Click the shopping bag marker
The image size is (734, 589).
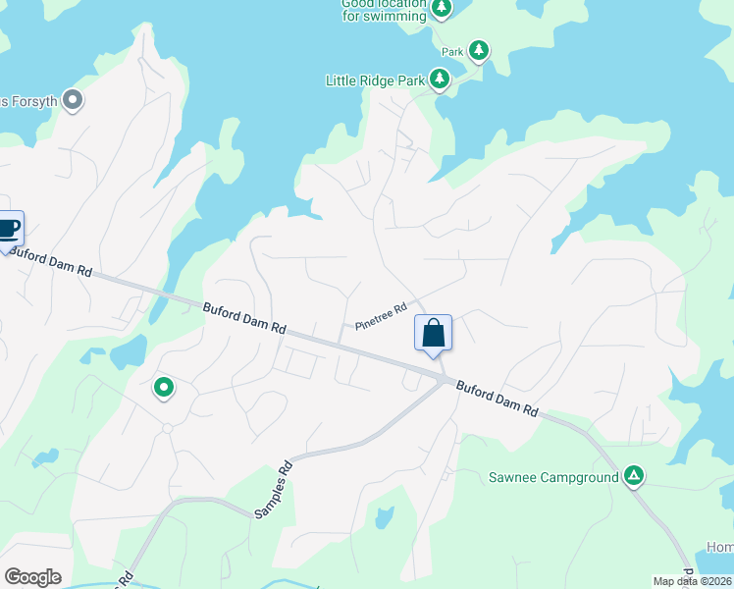(x=433, y=334)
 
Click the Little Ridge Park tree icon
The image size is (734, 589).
(x=440, y=80)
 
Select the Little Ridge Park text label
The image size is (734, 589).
(x=375, y=80)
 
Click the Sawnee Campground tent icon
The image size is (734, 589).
(x=635, y=477)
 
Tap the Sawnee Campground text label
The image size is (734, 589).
(x=553, y=478)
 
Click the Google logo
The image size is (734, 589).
(x=32, y=577)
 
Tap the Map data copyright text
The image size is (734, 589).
(x=693, y=581)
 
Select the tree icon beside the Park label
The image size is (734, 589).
(x=478, y=49)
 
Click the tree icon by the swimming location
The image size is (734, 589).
(x=442, y=9)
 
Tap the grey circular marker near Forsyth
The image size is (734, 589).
(x=72, y=99)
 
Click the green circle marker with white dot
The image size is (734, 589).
(x=164, y=389)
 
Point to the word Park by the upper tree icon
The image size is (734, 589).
(x=451, y=52)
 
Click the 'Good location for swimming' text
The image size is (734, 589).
(x=384, y=10)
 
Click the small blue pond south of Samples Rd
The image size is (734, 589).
(x=385, y=517)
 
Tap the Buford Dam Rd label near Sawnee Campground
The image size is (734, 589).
(x=498, y=397)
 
